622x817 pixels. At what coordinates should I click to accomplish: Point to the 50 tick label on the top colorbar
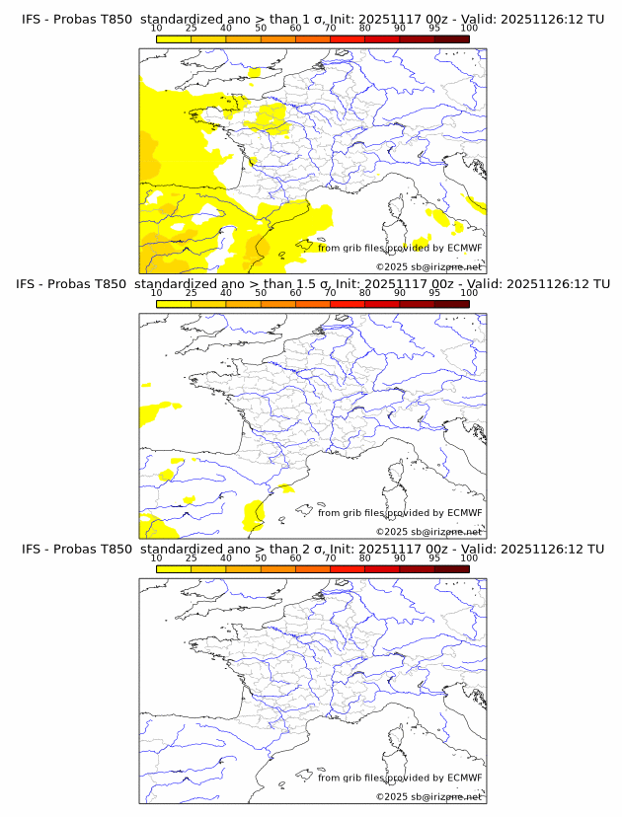[261, 29]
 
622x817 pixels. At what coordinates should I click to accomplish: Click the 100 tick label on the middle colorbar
[469, 293]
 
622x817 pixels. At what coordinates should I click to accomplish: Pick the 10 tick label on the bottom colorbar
[157, 557]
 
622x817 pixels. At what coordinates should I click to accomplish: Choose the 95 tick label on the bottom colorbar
[434, 557]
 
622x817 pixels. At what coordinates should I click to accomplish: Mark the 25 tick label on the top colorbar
[192, 29]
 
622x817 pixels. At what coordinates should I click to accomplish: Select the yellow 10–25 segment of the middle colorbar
[174, 304]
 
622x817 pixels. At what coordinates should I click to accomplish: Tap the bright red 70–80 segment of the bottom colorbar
[348, 568]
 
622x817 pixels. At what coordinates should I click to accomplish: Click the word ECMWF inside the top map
[465, 248]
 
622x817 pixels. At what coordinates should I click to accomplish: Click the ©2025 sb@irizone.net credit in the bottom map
[428, 796]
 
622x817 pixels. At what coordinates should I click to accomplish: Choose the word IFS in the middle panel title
[32, 284]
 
